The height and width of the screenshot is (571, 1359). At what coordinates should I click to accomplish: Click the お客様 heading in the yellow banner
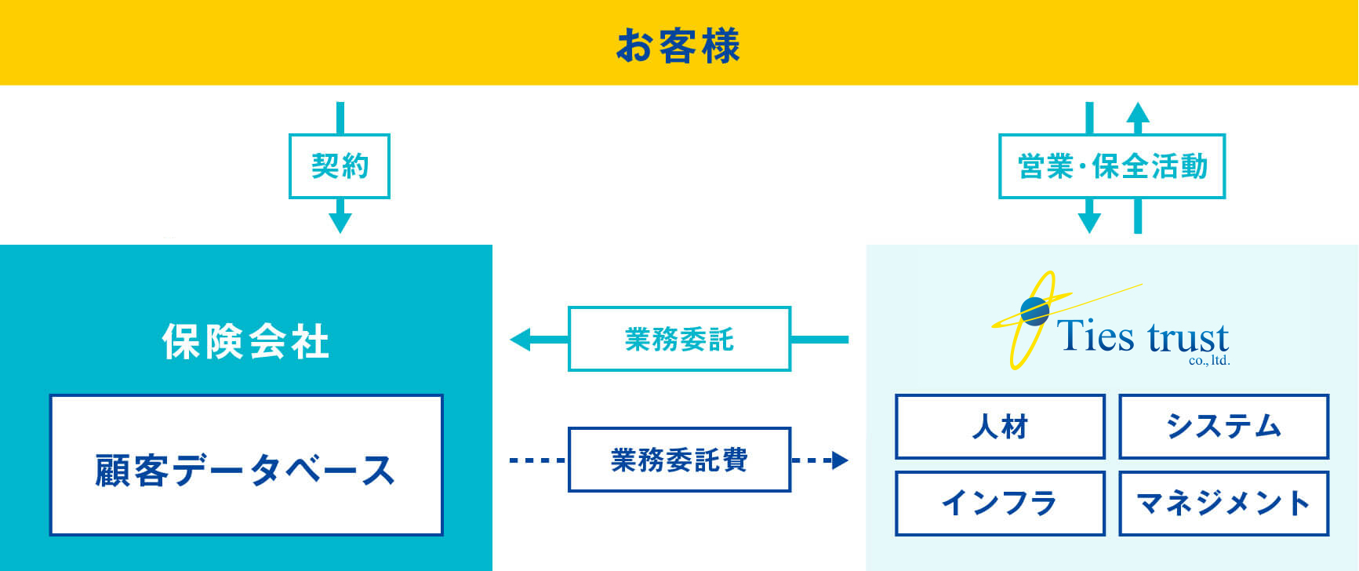point(678,45)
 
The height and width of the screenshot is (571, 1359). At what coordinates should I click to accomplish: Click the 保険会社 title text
point(245,342)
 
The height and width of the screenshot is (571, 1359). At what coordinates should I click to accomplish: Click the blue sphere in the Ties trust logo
point(1035,311)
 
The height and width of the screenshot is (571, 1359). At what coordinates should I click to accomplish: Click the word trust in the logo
point(1187,338)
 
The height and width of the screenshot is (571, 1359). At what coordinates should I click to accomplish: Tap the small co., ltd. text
point(1209,361)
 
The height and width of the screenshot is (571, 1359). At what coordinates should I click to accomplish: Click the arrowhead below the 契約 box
point(340,222)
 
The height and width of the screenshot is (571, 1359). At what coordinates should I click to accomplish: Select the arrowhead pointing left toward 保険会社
point(520,340)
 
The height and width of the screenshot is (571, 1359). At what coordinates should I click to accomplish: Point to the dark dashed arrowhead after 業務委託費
point(840,460)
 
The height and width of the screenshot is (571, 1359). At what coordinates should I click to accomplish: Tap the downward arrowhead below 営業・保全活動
point(1089,222)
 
